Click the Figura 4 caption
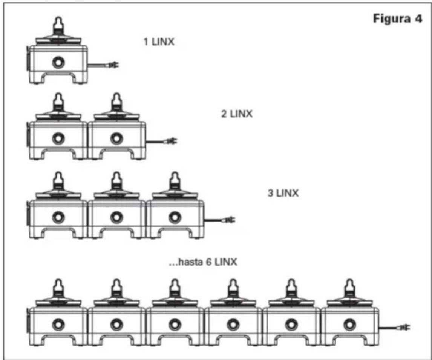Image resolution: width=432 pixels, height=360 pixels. pos(398,19)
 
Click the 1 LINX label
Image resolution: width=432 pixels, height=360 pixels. pos(159,42)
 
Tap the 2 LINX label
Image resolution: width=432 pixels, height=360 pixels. pos(237,114)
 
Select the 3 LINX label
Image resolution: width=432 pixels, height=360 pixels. pos(283,193)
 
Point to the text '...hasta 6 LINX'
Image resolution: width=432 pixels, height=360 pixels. pos(203,262)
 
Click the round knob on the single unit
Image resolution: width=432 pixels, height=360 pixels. pos(58,62)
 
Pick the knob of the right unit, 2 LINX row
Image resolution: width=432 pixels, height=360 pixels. pos(116,138)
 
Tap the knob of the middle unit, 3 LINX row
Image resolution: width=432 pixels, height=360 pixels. pos(116,217)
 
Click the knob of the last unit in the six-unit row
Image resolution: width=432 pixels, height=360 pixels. pos(349,325)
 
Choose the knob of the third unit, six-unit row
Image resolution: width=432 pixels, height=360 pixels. pos(175,325)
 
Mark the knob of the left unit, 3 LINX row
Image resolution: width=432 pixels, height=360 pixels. pos(58,217)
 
